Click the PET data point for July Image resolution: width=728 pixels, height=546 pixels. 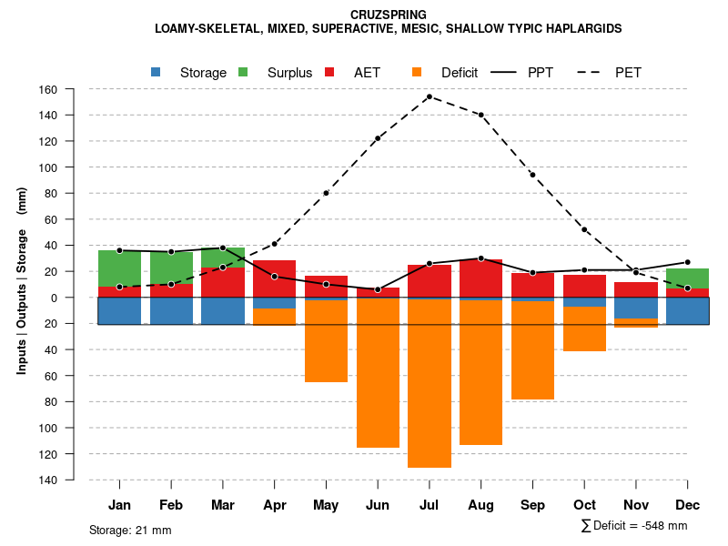(429, 96)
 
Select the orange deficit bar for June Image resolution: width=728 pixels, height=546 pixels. (378, 373)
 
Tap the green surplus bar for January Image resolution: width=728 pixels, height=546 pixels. (119, 268)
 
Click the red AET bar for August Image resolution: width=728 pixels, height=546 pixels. (480, 278)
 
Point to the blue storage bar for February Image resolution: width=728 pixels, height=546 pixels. (171, 311)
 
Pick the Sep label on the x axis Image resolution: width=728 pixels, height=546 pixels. (532, 505)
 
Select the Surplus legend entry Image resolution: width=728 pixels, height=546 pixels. (289, 73)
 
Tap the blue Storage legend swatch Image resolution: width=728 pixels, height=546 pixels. (157, 72)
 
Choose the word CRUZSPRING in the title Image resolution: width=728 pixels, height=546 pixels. (388, 15)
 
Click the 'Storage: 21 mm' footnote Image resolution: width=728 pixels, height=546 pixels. (130, 530)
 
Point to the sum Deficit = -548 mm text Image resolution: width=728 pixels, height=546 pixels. (634, 526)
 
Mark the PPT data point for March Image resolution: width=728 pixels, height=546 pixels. (223, 248)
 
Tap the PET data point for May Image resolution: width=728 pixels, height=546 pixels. (326, 193)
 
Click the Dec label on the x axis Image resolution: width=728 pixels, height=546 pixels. (687, 505)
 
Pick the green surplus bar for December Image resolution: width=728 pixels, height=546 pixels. (687, 278)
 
